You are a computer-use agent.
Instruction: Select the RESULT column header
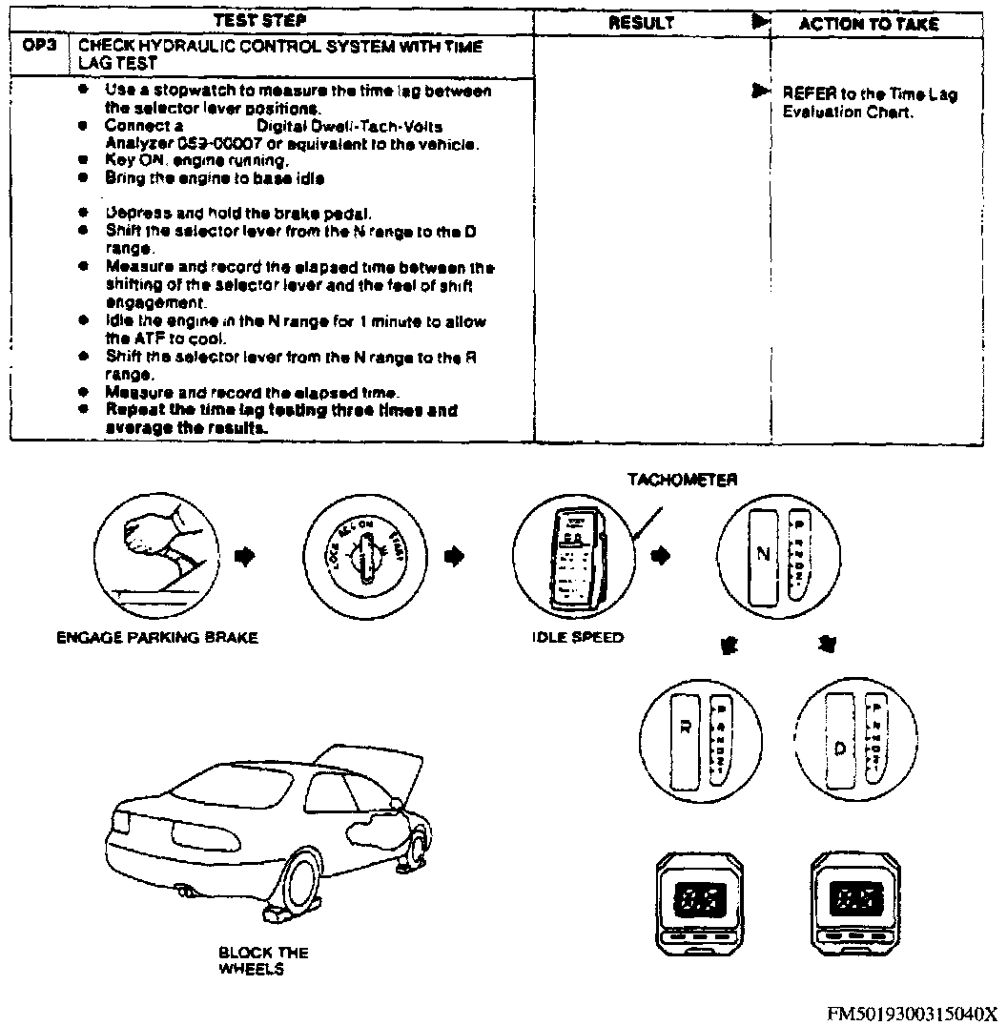pyautogui.click(x=641, y=23)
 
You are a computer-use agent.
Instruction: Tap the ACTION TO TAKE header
pyautogui.click(x=868, y=24)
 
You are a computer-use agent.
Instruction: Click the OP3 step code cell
pyautogui.click(x=39, y=46)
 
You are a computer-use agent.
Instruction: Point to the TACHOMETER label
pyautogui.click(x=682, y=481)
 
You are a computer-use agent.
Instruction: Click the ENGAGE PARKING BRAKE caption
pyautogui.click(x=157, y=638)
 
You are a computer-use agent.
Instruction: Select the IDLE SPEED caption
pyautogui.click(x=578, y=637)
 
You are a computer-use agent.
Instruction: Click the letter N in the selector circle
pyautogui.click(x=764, y=555)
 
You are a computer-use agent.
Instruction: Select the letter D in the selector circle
pyautogui.click(x=839, y=748)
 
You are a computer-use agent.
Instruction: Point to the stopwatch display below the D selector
pyautogui.click(x=856, y=897)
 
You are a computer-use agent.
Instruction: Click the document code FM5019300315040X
pyautogui.click(x=911, y=1013)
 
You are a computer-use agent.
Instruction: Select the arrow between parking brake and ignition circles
pyautogui.click(x=245, y=555)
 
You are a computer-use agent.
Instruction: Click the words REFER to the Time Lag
pyautogui.click(x=869, y=94)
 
